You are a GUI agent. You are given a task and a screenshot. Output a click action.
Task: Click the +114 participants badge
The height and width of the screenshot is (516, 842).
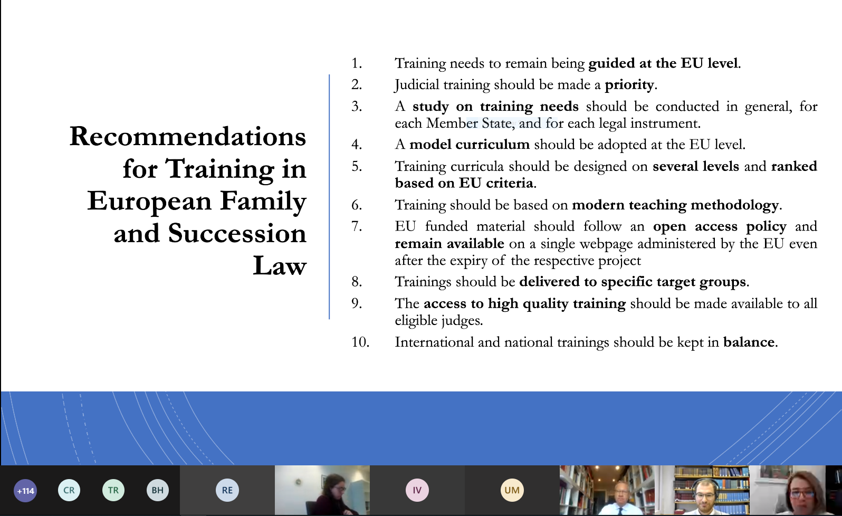point(25,491)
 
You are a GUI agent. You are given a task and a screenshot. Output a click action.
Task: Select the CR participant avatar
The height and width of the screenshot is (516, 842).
point(69,490)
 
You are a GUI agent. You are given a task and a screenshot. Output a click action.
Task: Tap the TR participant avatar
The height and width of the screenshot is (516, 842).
point(113,490)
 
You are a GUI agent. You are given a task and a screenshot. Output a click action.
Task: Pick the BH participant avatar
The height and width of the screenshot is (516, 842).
point(158,490)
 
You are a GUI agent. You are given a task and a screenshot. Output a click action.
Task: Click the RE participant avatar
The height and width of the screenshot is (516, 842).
point(227,490)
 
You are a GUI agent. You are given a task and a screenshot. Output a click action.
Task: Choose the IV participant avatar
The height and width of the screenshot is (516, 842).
point(417,490)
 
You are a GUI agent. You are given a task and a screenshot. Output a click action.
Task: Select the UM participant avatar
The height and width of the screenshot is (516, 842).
point(512,490)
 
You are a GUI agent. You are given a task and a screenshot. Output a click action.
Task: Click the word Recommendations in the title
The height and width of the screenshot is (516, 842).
point(188,136)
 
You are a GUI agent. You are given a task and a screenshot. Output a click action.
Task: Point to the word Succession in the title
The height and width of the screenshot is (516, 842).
point(237,233)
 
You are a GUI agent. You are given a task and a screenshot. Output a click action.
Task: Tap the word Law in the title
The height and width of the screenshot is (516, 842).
point(280,266)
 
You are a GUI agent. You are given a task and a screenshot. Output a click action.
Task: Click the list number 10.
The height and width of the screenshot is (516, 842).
point(360,342)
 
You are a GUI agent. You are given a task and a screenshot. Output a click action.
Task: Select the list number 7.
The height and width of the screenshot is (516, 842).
point(357,226)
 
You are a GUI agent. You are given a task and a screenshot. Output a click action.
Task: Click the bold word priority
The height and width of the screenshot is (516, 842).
point(629,85)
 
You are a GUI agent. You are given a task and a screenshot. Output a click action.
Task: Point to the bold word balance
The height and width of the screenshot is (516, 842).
point(749,342)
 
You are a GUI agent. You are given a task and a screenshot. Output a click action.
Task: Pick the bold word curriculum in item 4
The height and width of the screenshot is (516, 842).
point(492,145)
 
